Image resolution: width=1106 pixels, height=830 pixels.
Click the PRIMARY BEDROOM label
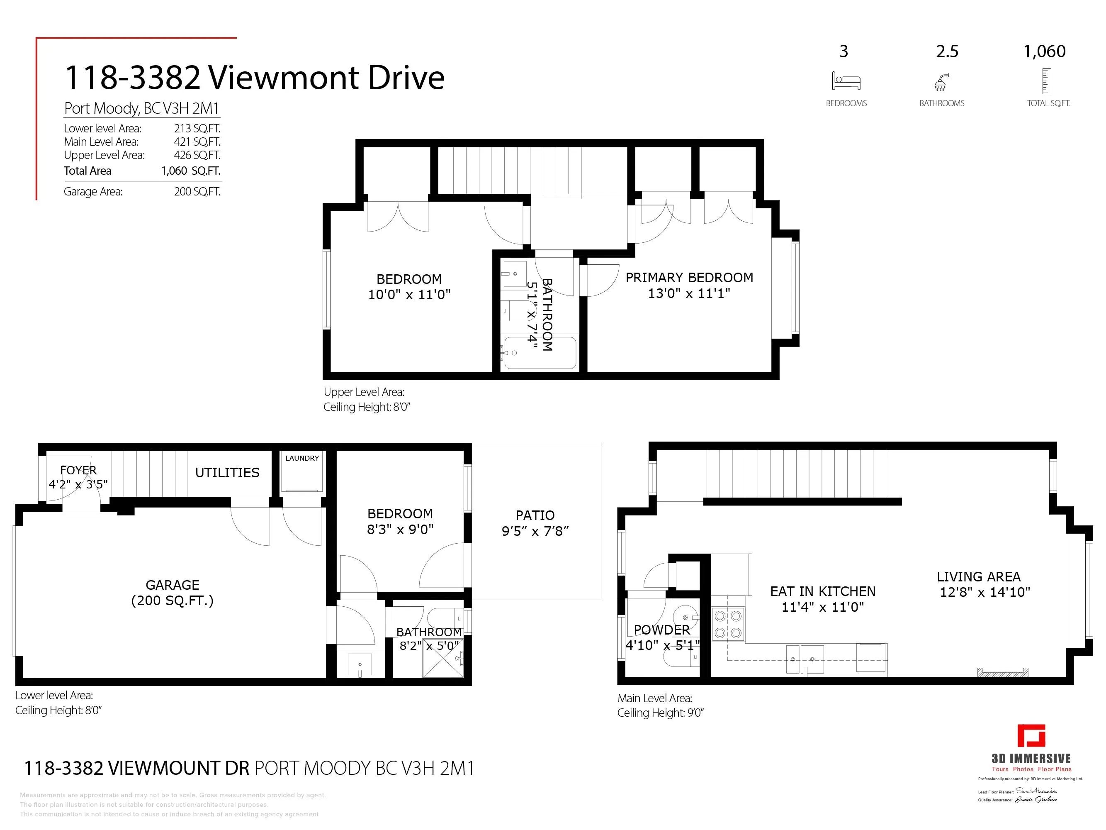point(689,278)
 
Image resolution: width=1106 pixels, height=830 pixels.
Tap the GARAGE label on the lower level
point(172,585)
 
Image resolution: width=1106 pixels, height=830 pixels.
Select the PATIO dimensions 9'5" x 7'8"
point(535,531)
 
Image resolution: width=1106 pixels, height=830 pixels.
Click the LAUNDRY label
point(301,458)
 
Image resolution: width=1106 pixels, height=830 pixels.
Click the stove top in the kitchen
point(727,625)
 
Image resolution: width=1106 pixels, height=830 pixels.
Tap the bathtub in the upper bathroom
point(540,353)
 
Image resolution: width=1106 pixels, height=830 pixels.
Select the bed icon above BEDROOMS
point(846,81)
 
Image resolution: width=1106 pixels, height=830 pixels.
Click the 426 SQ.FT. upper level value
point(197,155)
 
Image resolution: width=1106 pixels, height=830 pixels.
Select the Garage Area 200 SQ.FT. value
point(197,192)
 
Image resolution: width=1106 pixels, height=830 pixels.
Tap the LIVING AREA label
point(979,576)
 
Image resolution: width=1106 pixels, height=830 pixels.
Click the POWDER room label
point(661,630)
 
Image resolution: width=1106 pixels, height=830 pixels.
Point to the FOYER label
point(78,470)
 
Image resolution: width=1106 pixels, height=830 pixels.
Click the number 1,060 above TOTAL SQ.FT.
point(1045,51)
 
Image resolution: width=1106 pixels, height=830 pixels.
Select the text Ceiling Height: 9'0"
point(660,713)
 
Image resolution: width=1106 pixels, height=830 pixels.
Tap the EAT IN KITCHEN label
point(822,591)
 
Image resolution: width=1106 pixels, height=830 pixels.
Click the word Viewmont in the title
point(282,78)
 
